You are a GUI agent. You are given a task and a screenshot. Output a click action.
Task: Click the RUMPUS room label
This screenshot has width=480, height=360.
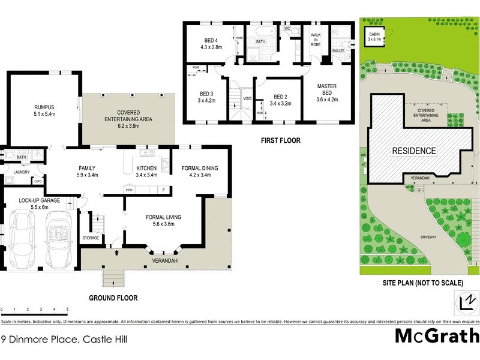[x=45, y=108]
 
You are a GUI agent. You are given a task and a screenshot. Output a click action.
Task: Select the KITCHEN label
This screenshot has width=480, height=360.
[x=146, y=168]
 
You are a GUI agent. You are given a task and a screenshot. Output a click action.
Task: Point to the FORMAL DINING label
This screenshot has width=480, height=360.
[x=200, y=168]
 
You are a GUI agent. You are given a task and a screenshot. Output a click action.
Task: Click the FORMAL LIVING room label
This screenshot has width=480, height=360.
[x=164, y=217]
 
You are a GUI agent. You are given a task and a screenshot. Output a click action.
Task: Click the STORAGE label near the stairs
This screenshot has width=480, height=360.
[x=91, y=238]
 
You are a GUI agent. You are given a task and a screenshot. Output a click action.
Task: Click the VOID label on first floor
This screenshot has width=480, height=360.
[x=247, y=98]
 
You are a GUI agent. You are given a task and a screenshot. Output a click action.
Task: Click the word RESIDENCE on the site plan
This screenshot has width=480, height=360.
[x=414, y=150]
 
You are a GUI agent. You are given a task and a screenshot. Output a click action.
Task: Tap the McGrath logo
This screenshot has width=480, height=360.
[x=437, y=336]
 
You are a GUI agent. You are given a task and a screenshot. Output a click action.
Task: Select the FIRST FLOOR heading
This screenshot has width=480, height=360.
[x=280, y=140]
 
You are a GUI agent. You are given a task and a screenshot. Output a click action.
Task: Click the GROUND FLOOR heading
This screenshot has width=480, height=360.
[x=113, y=298]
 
